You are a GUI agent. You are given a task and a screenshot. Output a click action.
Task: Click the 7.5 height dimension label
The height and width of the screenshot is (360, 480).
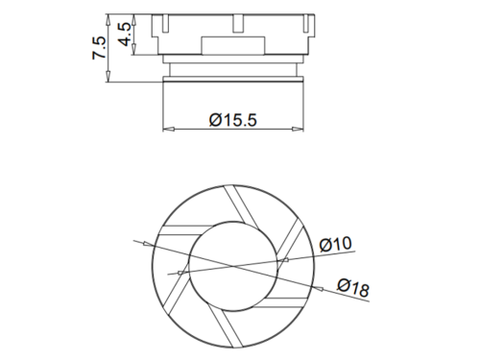99,48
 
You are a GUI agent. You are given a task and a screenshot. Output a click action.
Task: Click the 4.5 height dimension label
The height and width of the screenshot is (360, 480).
125,34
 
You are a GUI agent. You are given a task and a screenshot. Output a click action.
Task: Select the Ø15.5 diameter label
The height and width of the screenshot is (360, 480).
233,120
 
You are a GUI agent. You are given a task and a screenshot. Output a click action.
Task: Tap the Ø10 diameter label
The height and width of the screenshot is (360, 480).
335,245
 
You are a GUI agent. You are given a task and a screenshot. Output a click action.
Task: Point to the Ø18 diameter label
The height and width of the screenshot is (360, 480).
353,287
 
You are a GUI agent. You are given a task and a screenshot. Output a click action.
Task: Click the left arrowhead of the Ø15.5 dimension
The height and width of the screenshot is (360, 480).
169,130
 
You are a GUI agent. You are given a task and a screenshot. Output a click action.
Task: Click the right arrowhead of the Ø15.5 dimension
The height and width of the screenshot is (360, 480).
298,130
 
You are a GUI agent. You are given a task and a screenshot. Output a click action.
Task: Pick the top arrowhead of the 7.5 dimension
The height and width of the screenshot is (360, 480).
108,20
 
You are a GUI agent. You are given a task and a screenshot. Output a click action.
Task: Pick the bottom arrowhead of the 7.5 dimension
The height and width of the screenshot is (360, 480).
108,76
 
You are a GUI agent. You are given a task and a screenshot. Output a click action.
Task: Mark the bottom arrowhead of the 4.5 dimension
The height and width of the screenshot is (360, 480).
134,49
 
